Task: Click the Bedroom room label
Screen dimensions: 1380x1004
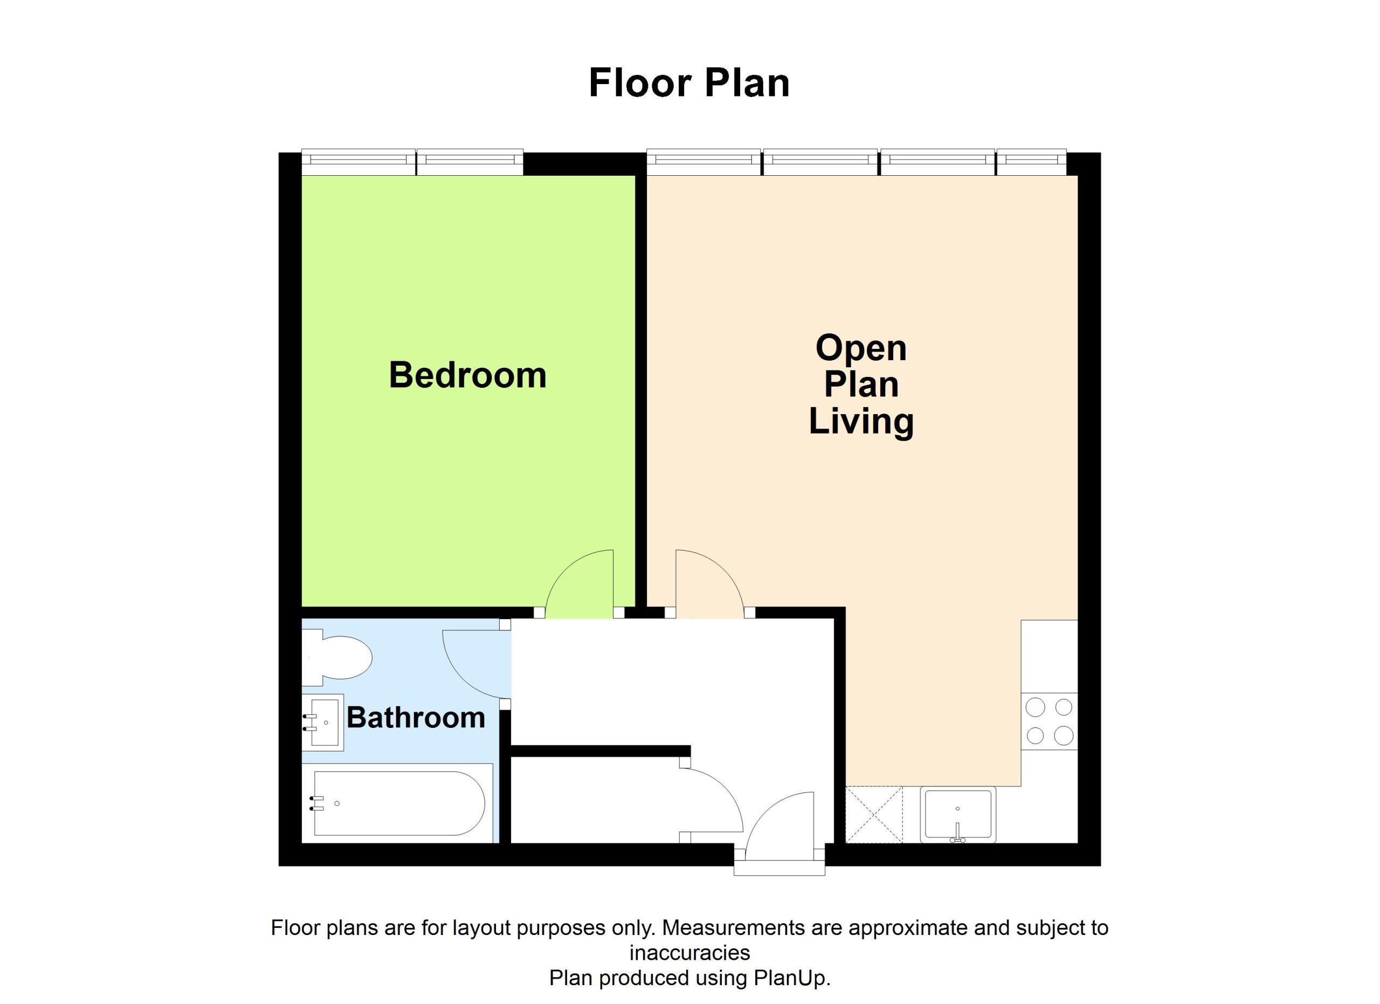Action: pyautogui.click(x=467, y=375)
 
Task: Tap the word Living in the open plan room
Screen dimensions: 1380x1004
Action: pyautogui.click(x=861, y=422)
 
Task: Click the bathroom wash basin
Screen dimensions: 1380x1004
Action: pyautogui.click(x=323, y=723)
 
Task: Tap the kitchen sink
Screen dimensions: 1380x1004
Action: pyautogui.click(x=958, y=814)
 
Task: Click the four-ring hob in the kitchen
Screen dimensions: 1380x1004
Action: pyautogui.click(x=1049, y=721)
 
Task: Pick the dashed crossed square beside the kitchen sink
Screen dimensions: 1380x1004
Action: pyautogui.click(x=874, y=815)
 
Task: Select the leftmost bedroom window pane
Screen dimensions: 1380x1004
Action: pyautogui.click(x=359, y=162)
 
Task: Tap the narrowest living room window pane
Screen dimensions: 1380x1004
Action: pyautogui.click(x=1031, y=162)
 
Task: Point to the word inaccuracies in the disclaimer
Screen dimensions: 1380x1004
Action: pyautogui.click(x=689, y=952)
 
